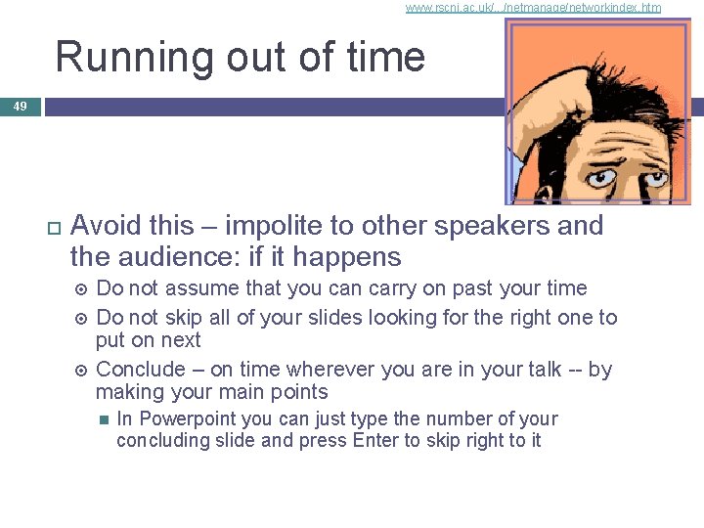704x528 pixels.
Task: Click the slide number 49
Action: (x=21, y=106)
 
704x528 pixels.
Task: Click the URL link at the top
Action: (x=533, y=8)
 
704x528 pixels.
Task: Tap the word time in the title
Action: (x=385, y=57)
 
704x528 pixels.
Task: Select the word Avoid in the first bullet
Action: (x=107, y=226)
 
